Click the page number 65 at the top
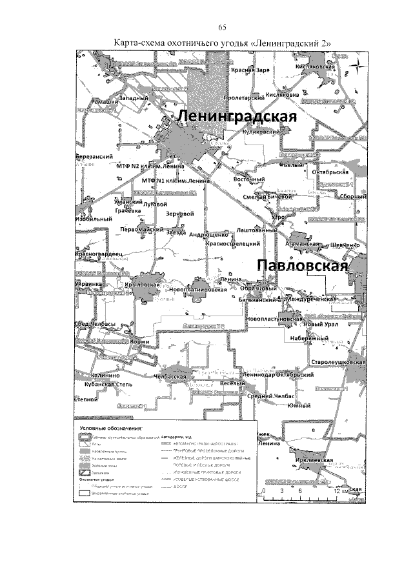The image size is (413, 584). point(223,26)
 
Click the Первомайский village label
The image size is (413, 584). point(141,229)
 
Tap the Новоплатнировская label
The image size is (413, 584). point(197,290)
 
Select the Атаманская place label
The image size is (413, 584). point(303,245)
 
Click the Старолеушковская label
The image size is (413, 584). point(338,363)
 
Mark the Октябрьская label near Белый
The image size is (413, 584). point(330,172)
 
